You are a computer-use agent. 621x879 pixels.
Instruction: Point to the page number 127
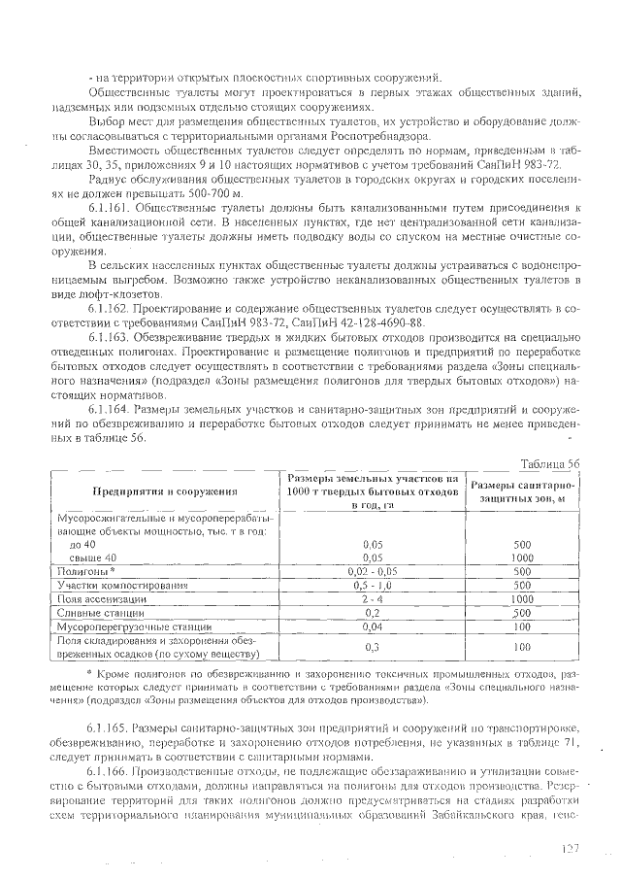pos(569,848)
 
